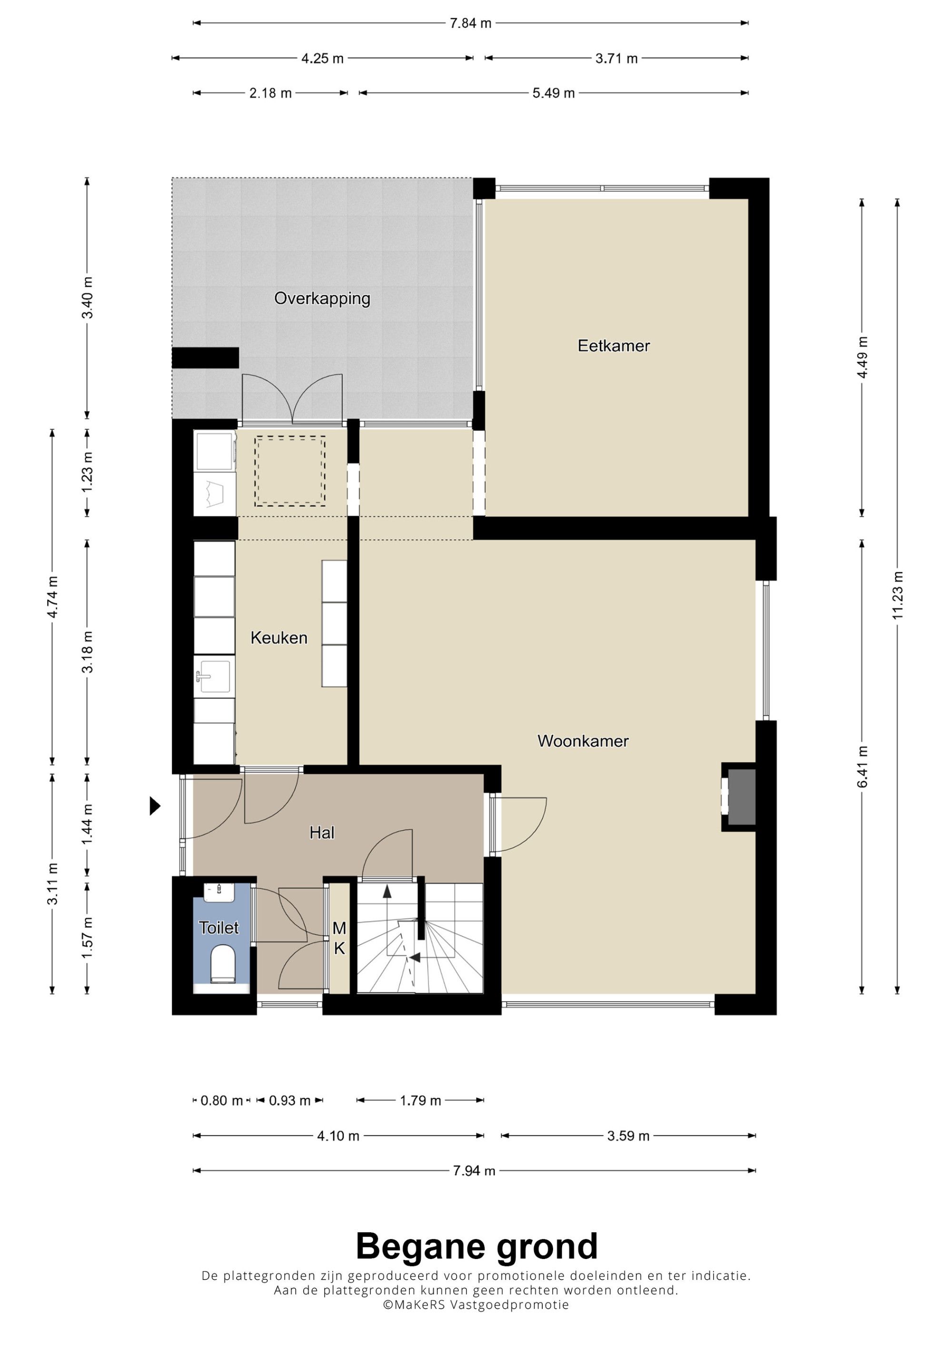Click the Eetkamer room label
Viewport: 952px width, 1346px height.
tap(614, 345)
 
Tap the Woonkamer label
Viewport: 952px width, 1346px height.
tap(583, 741)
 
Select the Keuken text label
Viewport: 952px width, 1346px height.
tap(278, 638)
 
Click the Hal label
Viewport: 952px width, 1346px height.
tap(322, 832)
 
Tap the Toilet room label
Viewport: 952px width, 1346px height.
tap(219, 927)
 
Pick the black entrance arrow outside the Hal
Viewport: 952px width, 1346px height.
tap(155, 806)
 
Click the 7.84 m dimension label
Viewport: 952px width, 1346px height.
tap(470, 23)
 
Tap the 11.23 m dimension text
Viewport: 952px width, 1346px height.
tap(897, 595)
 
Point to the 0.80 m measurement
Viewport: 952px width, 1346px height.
tap(222, 1101)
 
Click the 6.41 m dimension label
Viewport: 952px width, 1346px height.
tap(862, 767)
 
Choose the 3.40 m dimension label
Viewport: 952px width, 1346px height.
tap(88, 297)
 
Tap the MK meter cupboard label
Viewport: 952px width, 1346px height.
tap(339, 938)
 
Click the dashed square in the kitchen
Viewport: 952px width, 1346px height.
tap(290, 471)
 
